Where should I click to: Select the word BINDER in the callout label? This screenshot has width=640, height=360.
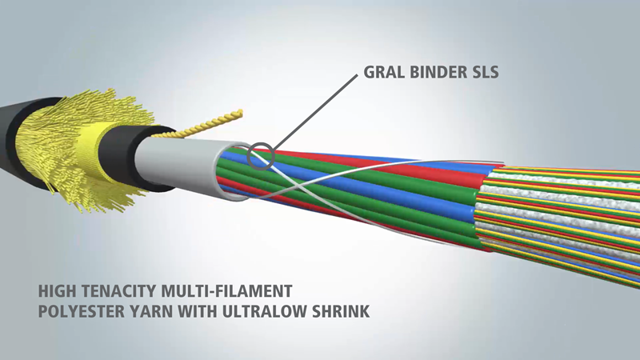(x=436, y=72)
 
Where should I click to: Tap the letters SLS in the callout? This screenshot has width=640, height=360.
(x=484, y=72)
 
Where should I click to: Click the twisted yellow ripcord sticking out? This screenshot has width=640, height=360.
(x=204, y=126)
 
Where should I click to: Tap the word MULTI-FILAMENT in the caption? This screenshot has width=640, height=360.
(x=227, y=291)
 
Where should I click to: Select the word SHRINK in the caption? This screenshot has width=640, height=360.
(x=341, y=311)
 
